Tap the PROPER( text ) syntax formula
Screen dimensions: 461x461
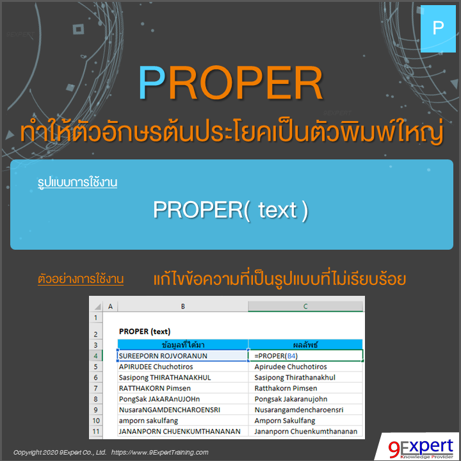pyautogui.click(x=230, y=210)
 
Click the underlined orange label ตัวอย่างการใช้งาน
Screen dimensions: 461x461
pyautogui.click(x=81, y=279)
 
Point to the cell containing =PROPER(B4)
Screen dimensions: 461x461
pyautogui.click(x=305, y=355)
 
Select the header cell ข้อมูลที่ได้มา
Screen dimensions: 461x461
pyautogui.click(x=182, y=344)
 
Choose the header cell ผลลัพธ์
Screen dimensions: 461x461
pyautogui.click(x=305, y=344)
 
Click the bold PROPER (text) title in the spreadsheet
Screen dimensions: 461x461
pyautogui.click(x=145, y=331)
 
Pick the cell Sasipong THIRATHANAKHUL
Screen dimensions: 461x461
pyautogui.click(x=165, y=378)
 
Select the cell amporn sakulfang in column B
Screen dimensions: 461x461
pyautogui.click(x=149, y=421)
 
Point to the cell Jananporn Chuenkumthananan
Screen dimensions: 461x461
pyautogui.click(x=305, y=432)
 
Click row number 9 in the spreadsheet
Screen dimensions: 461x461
pyautogui.click(x=96, y=410)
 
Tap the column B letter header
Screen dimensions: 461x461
pyautogui.click(x=182, y=307)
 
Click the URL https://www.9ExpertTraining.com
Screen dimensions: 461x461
pyautogui.click(x=160, y=452)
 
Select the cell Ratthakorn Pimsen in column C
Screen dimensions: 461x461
pyautogui.click(x=286, y=389)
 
